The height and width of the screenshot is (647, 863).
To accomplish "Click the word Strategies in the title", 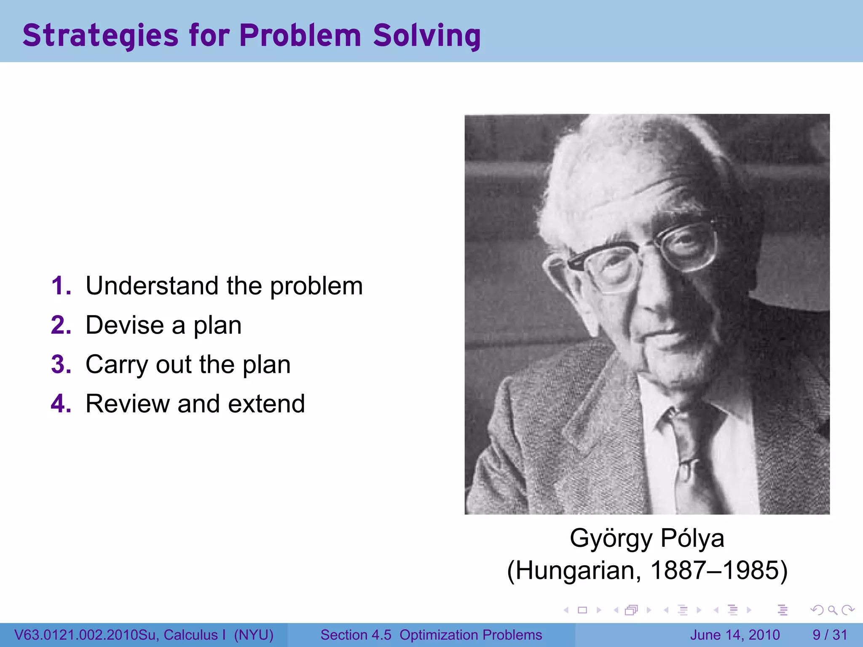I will (100, 35).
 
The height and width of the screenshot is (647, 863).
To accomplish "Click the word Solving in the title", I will (426, 35).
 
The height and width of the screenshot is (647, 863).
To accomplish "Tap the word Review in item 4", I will (127, 404).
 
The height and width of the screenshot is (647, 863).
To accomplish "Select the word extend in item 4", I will (266, 404).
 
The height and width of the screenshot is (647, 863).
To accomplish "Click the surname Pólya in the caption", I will (692, 538).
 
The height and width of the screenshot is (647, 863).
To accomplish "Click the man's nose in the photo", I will (649, 303).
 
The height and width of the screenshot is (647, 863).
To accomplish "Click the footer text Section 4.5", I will (356, 635).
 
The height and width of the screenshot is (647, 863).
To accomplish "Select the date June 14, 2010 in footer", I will (735, 635).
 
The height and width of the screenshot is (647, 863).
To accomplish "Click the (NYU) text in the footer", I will (254, 635).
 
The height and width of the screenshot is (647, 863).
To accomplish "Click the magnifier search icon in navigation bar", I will (832, 610).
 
